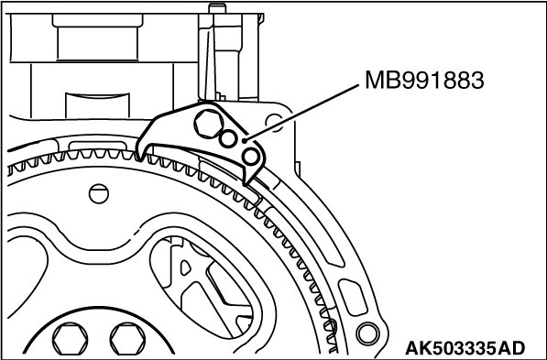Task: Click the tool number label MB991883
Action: coord(424,81)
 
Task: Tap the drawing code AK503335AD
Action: coord(465,348)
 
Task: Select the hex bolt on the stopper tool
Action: coord(209,124)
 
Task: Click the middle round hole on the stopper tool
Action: coord(228,139)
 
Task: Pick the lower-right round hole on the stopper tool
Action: coord(251,157)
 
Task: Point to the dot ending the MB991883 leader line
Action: coord(245,140)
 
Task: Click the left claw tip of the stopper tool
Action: coord(140,161)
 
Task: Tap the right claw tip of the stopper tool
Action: coord(246,183)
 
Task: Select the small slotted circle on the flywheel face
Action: coord(99,194)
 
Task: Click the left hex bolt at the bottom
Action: coord(71,339)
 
